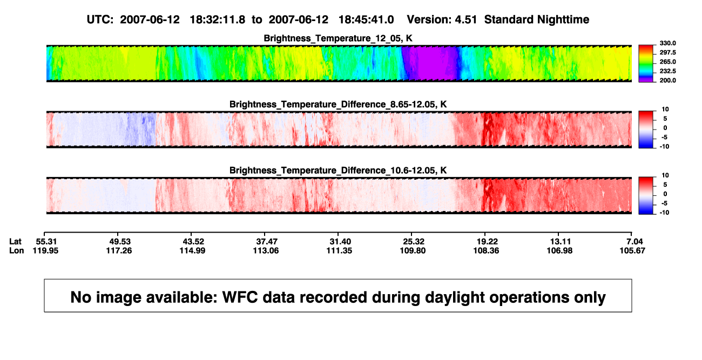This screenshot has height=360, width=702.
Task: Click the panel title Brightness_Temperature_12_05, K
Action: pos(338,38)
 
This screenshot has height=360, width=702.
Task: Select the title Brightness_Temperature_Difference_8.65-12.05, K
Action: pos(338,104)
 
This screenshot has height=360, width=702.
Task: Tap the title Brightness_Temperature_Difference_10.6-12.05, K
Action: pos(338,171)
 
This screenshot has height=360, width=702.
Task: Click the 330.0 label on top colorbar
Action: pos(667,43)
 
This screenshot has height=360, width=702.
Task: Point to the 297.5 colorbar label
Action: pos(667,53)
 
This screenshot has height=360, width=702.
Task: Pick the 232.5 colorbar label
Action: pos(667,71)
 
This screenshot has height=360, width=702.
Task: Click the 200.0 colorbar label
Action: pos(667,80)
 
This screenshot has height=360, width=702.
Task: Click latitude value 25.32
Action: pos(413,242)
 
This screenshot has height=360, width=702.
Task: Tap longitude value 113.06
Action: pos(266,250)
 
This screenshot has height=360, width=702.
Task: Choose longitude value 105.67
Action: pos(632,250)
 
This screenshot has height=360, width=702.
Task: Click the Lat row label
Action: pos(15,242)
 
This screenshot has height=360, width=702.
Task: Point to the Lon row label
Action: pos(17,250)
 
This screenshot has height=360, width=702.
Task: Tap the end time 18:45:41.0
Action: pos(366,20)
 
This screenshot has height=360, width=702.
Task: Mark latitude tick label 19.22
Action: pos(487,242)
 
